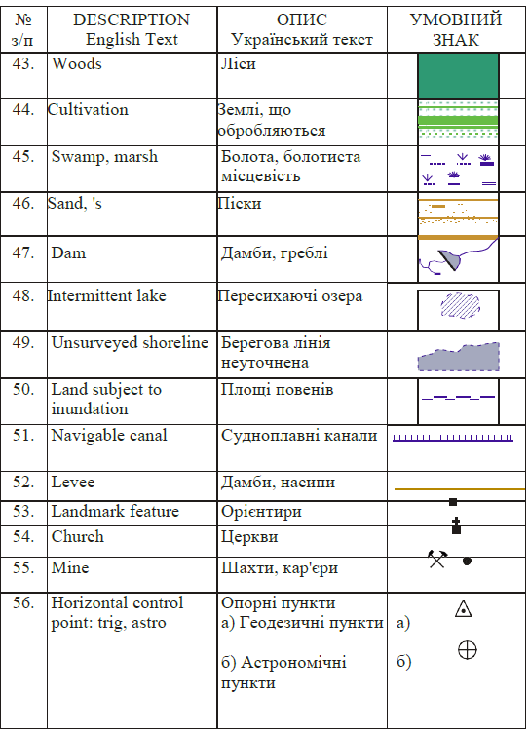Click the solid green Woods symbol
point(458,76)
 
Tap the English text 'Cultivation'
point(88,110)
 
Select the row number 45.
point(23,156)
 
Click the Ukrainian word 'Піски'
point(240,203)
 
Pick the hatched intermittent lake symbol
point(461,306)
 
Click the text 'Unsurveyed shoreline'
point(130,342)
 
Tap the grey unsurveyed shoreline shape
point(458,357)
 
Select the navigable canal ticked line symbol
point(453,438)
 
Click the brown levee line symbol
point(460,489)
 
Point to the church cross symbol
point(456,525)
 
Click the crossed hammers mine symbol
point(437,559)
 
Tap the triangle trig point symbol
point(464,608)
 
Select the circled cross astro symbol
point(467,650)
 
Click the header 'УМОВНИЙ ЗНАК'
point(456,29)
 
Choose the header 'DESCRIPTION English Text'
point(132,29)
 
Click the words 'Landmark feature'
point(115,511)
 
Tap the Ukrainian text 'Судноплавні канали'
point(299,436)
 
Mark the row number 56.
point(23,602)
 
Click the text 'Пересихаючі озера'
point(290,296)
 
